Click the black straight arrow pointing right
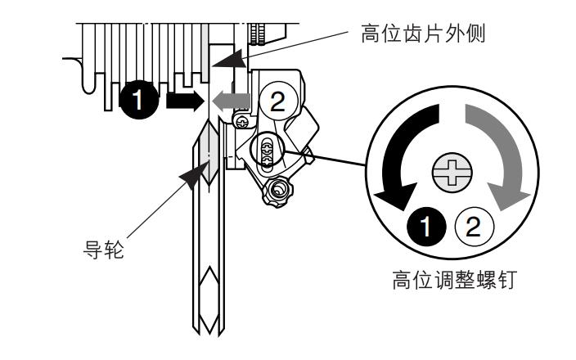click(x=182, y=100)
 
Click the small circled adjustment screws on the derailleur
click(x=265, y=151)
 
